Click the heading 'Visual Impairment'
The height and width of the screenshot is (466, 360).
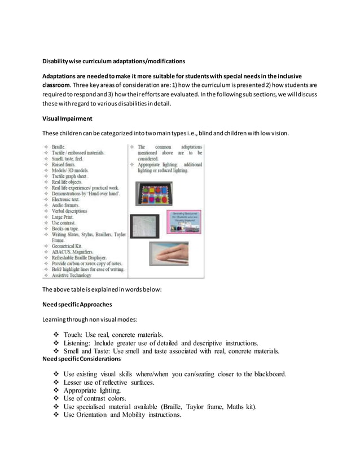[x=68, y=118]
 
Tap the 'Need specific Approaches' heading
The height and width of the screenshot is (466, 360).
[x=77, y=305]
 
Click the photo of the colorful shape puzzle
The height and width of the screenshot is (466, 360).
[x=154, y=193]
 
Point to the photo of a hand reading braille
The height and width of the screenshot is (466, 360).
[x=169, y=254]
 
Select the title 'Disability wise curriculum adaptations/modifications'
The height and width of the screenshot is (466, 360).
[x=114, y=61]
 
